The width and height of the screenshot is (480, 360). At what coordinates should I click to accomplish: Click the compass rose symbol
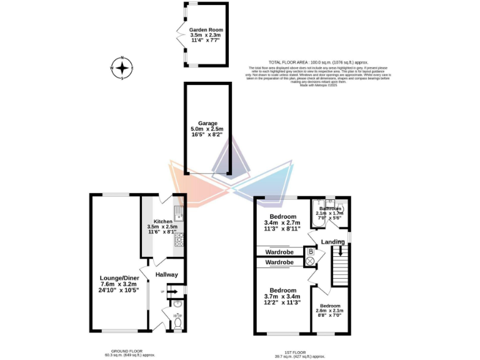[x=123, y=67]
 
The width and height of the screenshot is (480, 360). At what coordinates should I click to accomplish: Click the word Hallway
[x=167, y=274]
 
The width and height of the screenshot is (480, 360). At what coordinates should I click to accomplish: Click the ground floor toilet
[x=177, y=324]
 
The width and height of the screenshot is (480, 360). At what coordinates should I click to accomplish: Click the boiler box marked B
[x=310, y=251]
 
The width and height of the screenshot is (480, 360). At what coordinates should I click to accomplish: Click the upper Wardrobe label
[x=279, y=252]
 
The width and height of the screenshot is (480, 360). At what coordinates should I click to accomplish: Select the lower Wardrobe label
[x=279, y=263]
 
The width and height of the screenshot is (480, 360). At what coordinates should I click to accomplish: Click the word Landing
[x=332, y=242]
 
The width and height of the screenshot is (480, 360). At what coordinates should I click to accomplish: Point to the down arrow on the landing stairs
[x=340, y=252]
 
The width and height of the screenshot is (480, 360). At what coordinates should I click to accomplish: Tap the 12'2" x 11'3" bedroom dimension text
[x=282, y=302]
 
